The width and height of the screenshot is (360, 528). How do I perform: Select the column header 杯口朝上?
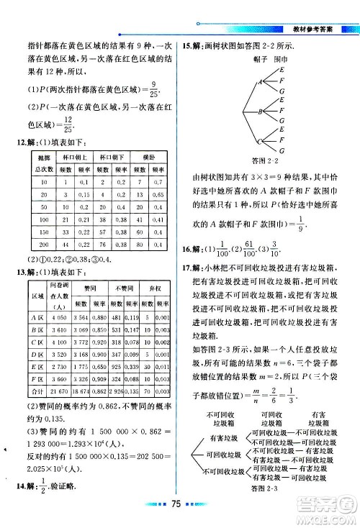point(75,157)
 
